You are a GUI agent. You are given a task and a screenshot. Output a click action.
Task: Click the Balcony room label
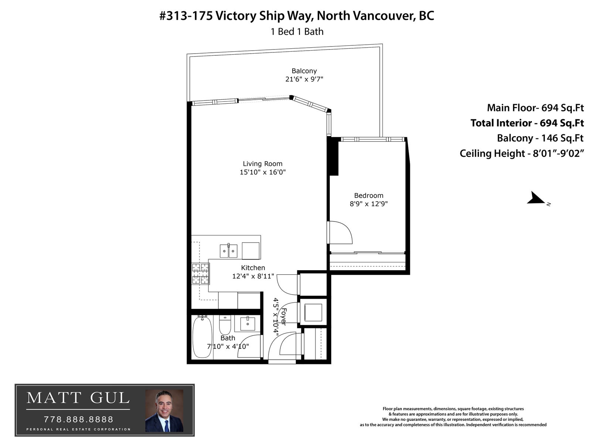304,71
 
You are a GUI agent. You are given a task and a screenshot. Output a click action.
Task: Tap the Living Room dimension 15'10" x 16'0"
263,172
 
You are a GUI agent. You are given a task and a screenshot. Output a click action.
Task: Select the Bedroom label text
368,196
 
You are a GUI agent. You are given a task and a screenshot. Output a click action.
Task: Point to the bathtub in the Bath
202,337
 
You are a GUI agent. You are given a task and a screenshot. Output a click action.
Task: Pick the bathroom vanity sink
247,324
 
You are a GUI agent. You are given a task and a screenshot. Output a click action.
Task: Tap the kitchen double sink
228,251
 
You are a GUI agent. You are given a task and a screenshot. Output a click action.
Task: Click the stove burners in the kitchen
200,274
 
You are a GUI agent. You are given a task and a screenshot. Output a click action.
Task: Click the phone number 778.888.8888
79,419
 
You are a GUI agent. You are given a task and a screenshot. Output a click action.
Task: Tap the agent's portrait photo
164,411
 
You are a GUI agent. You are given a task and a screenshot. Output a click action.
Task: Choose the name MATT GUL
78,398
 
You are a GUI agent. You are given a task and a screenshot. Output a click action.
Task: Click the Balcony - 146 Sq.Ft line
540,138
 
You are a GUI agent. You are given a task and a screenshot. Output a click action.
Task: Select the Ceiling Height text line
522,153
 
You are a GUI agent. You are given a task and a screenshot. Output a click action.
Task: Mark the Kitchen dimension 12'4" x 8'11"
253,276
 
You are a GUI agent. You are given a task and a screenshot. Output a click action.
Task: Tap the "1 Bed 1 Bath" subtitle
297,32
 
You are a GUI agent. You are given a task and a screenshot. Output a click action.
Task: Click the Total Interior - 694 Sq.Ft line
527,123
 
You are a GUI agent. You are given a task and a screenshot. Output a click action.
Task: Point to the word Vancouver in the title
384,16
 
